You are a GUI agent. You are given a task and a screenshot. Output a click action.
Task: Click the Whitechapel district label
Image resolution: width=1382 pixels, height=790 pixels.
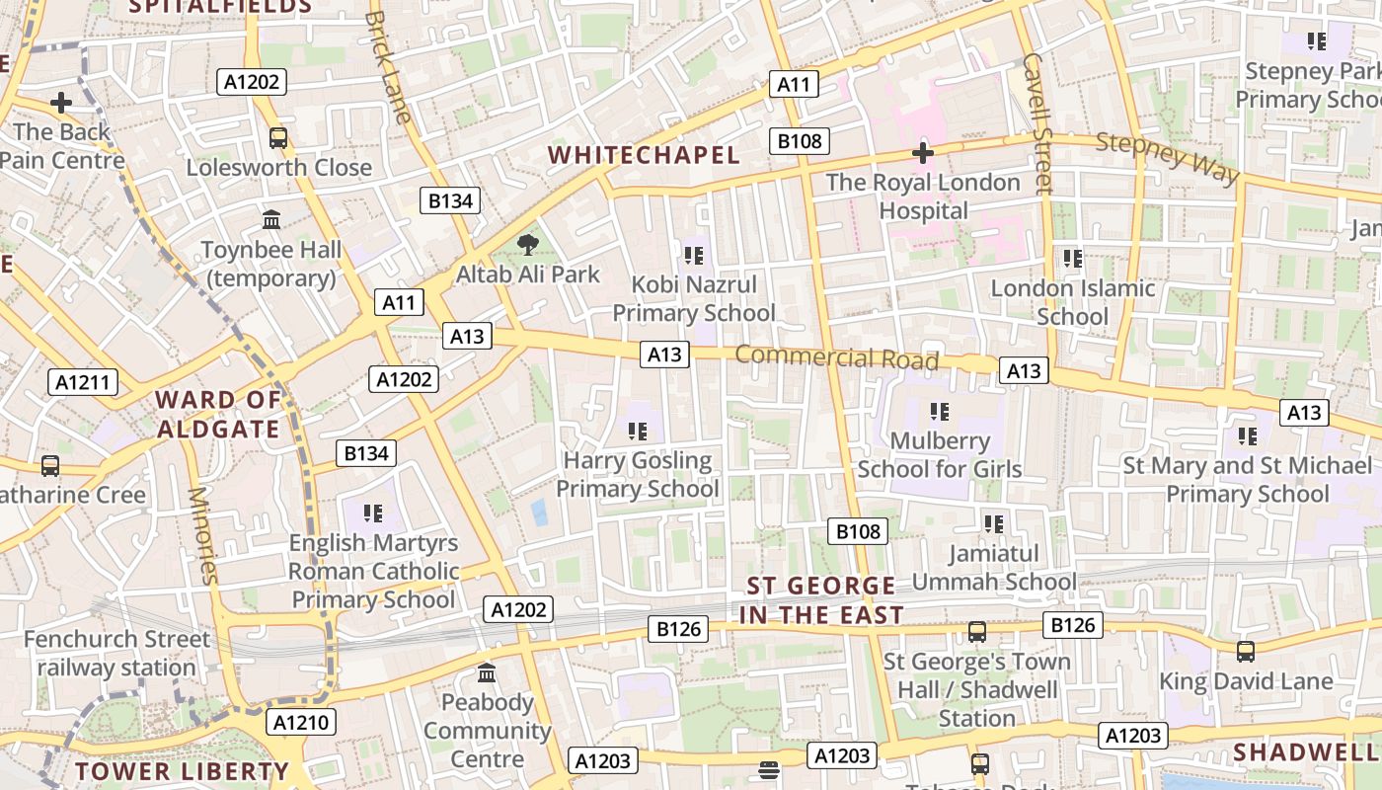click(x=644, y=155)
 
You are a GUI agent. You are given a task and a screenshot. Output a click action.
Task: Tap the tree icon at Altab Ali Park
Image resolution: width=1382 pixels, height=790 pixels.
click(x=528, y=244)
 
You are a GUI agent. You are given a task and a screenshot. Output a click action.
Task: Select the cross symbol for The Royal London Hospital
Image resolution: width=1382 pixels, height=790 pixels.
click(x=923, y=153)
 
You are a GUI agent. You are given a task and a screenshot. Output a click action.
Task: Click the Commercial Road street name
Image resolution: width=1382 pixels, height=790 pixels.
click(x=836, y=357)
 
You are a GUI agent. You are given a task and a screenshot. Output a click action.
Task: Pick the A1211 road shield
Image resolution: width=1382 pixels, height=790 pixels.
click(x=83, y=382)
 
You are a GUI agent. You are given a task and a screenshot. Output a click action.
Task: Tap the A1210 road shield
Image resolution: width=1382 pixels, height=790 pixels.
click(x=301, y=722)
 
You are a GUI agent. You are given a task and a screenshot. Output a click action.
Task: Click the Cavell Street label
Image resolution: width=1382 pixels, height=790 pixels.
click(x=1037, y=122)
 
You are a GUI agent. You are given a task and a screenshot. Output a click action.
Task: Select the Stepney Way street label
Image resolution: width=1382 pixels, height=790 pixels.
click(x=1168, y=157)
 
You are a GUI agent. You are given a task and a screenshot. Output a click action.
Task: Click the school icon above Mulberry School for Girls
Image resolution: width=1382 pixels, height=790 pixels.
click(x=939, y=411)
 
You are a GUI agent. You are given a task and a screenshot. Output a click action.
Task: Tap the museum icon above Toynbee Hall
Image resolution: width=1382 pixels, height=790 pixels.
click(x=271, y=219)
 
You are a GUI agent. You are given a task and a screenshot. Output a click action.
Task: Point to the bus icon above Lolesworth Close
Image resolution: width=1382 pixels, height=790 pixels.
click(x=278, y=138)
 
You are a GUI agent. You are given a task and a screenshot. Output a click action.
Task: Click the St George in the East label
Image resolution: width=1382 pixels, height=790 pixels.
click(x=821, y=600)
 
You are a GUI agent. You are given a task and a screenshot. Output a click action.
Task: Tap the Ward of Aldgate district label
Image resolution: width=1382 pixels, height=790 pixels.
click(x=218, y=415)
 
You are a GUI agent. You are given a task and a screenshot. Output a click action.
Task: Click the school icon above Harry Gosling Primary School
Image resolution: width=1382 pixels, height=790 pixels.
click(x=637, y=431)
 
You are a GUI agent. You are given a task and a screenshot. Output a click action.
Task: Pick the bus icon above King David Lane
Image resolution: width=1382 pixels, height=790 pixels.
click(x=1246, y=652)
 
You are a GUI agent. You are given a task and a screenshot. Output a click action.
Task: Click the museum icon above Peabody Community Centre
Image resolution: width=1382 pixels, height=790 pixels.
click(x=487, y=673)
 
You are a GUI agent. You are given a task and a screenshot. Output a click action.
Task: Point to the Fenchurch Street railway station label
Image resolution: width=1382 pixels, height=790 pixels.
click(x=116, y=654)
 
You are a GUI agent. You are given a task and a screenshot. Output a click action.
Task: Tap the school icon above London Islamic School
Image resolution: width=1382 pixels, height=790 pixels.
click(x=1073, y=259)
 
